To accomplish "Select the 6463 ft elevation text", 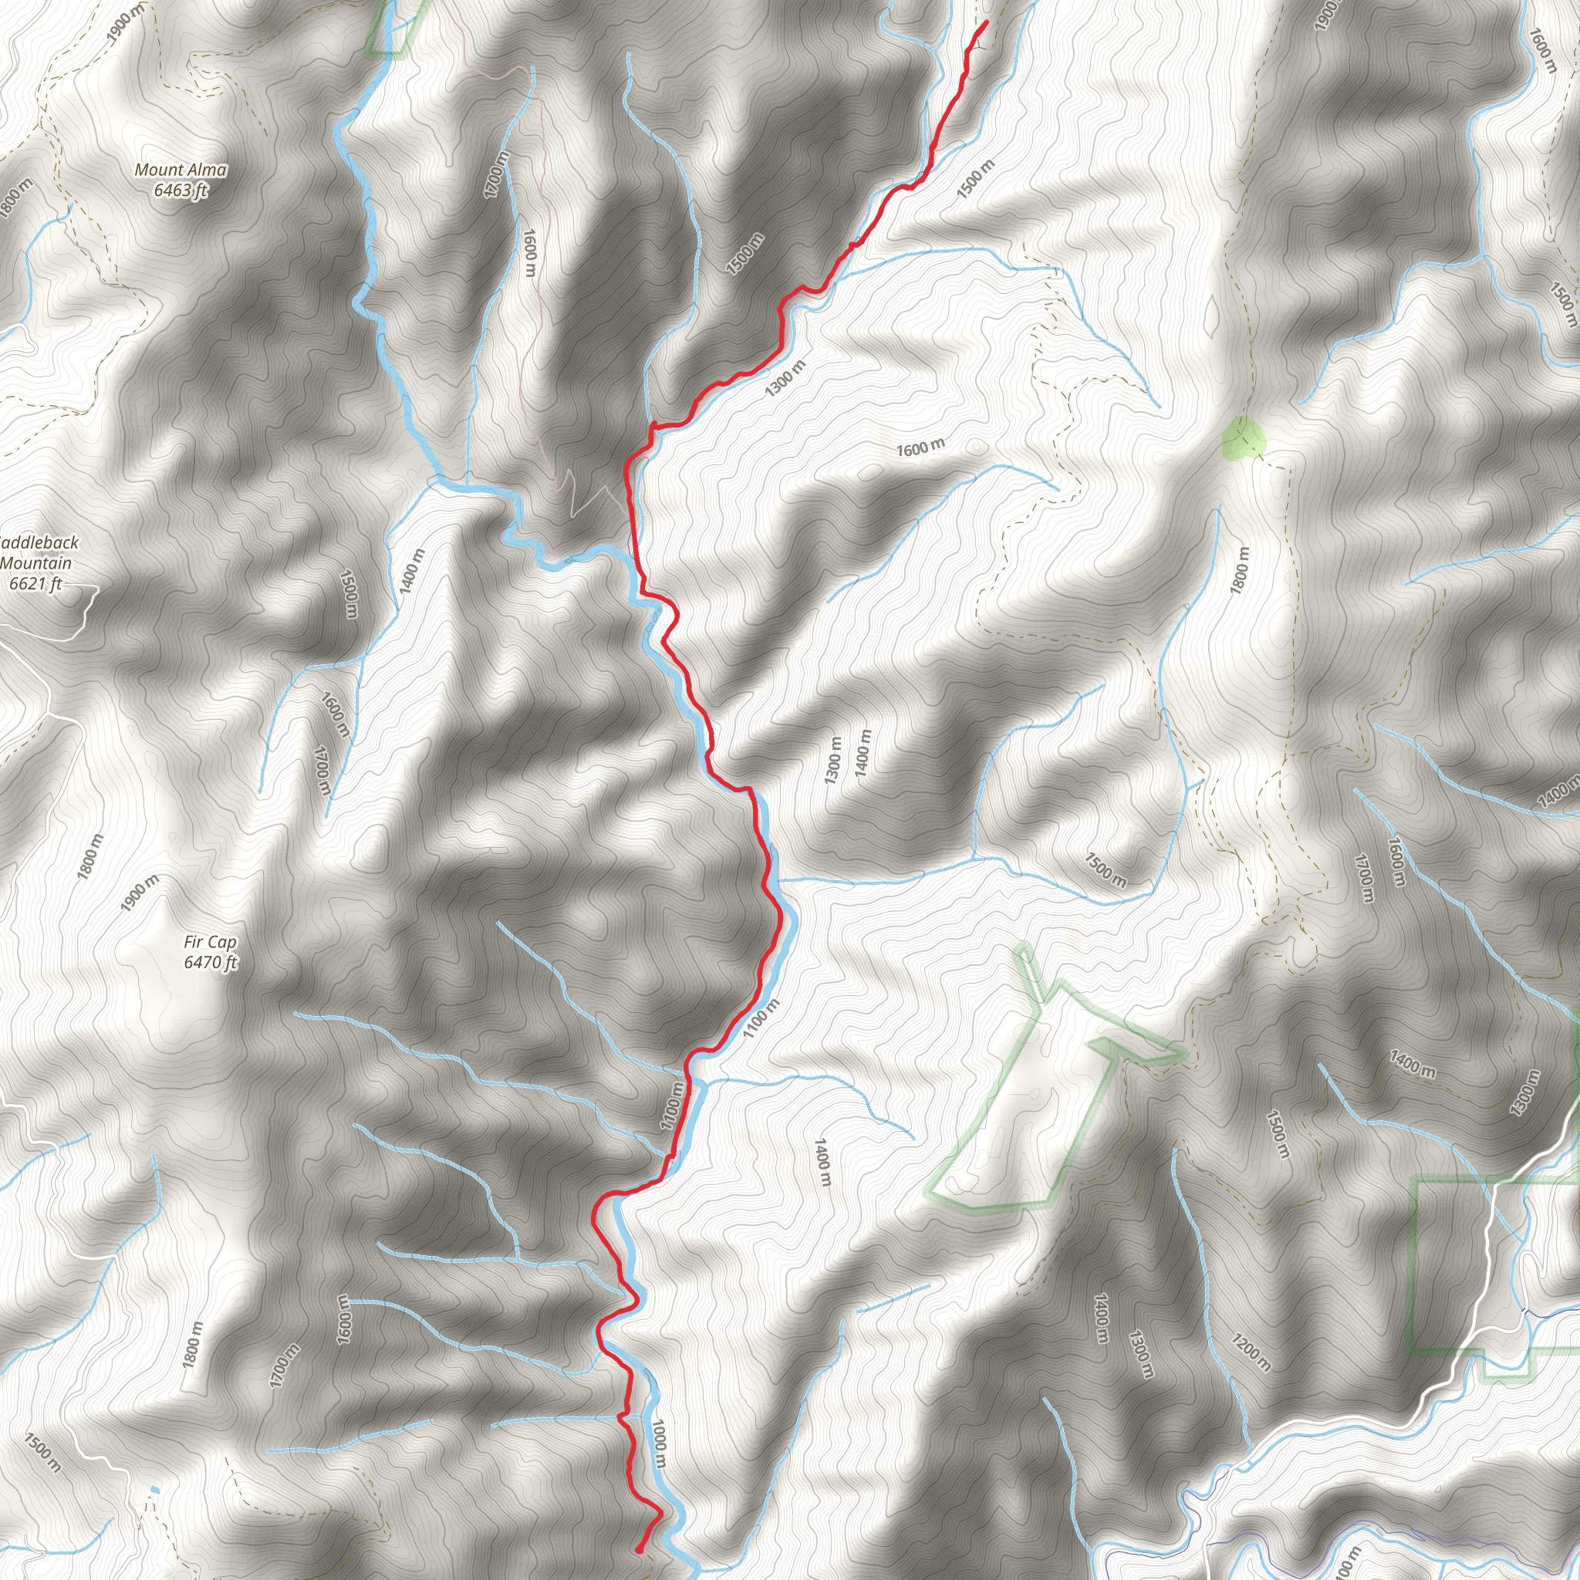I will pos(181,191).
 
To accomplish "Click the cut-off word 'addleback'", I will pos(39,543).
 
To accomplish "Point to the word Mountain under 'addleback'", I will pos(36,563).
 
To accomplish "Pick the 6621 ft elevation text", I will pos(35,584).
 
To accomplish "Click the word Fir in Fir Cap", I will pos(194,942).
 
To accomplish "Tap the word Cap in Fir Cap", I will pos(222,942).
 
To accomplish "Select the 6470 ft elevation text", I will pos(210,963).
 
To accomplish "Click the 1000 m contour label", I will pos(659,1443).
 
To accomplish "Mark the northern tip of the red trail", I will pos(986,22).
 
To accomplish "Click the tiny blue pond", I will pos(154,1490).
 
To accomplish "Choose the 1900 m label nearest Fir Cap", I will pos(140,893).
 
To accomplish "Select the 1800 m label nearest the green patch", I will pos(1240,570).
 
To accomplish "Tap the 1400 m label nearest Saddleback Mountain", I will pos(413,571).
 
